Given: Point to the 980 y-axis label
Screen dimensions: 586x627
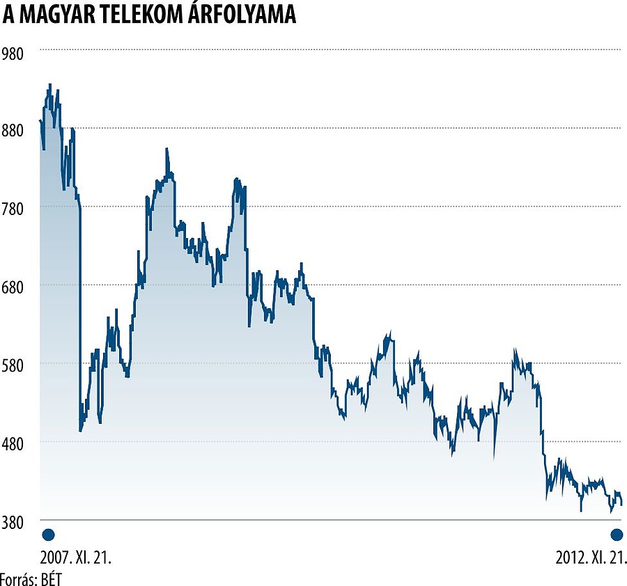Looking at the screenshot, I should tap(13, 53).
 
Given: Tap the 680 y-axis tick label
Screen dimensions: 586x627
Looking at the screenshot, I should tap(13, 287).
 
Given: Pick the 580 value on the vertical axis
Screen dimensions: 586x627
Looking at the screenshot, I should tap(13, 365).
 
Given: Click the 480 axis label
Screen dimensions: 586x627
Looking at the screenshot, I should tap(13, 443).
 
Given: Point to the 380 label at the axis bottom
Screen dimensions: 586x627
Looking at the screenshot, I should tap(13, 521).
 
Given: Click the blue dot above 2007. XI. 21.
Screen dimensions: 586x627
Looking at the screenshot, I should tap(48, 534).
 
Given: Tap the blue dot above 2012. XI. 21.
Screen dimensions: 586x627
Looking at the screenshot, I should tap(617, 534).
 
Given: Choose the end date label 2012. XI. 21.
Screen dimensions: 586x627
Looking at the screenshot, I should tap(591, 558).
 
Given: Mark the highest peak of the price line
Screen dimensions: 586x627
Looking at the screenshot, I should tap(49, 85).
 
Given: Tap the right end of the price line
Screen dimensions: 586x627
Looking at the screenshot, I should tap(621, 504).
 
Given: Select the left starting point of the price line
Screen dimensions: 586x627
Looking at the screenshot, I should tap(40, 121).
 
